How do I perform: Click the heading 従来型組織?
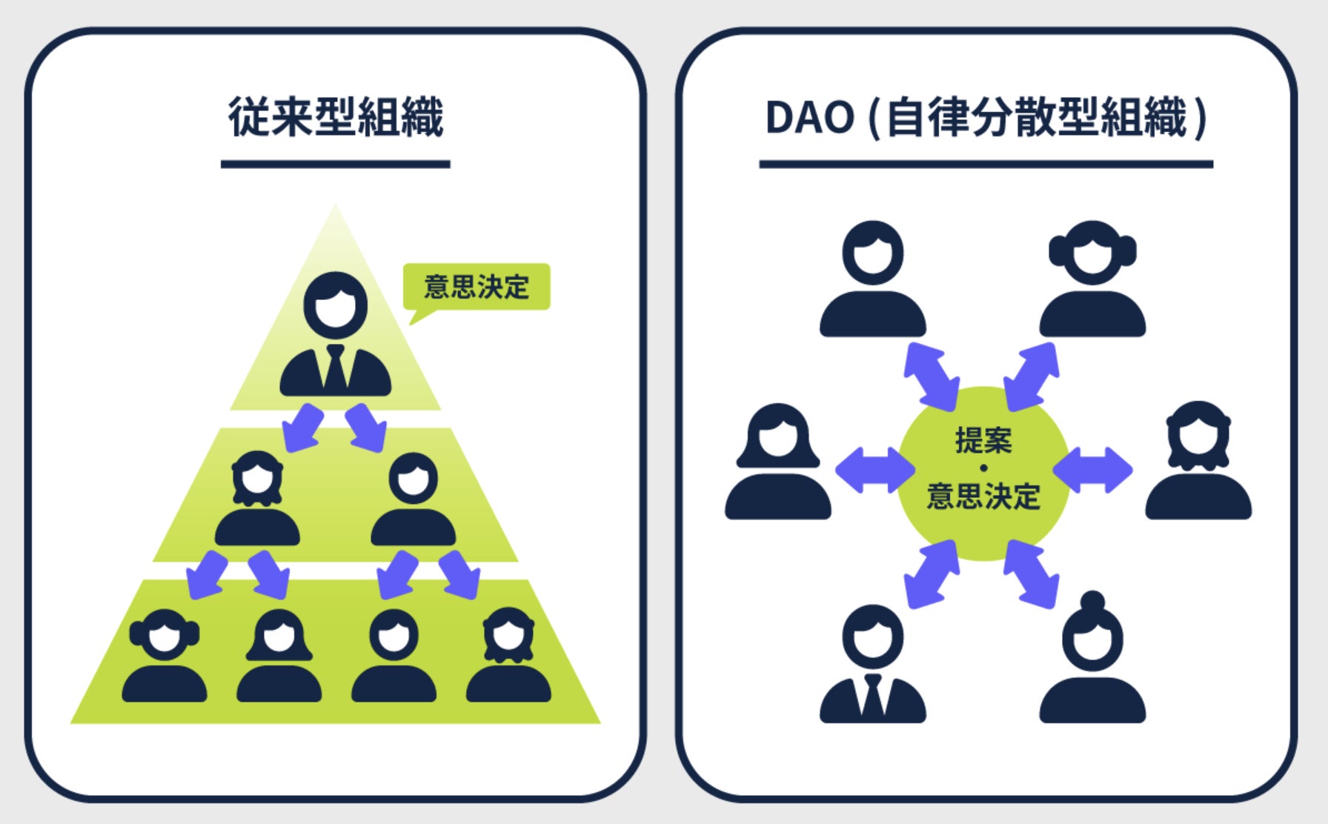(335, 117)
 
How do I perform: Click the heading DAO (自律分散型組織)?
(986, 117)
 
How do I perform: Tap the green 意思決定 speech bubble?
(477, 287)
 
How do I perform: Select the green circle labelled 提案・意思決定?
(983, 472)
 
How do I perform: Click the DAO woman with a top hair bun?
(1092, 659)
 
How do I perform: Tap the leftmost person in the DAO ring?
(778, 463)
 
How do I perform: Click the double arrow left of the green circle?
(875, 470)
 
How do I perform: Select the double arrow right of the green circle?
(1092, 470)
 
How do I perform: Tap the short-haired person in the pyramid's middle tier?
(413, 500)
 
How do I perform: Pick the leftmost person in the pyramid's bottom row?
(165, 657)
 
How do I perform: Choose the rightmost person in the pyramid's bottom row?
(508, 657)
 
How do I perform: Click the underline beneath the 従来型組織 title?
(335, 164)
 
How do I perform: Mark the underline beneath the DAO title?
(986, 164)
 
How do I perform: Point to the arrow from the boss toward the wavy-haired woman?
(303, 428)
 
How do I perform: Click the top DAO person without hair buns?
(873, 280)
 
